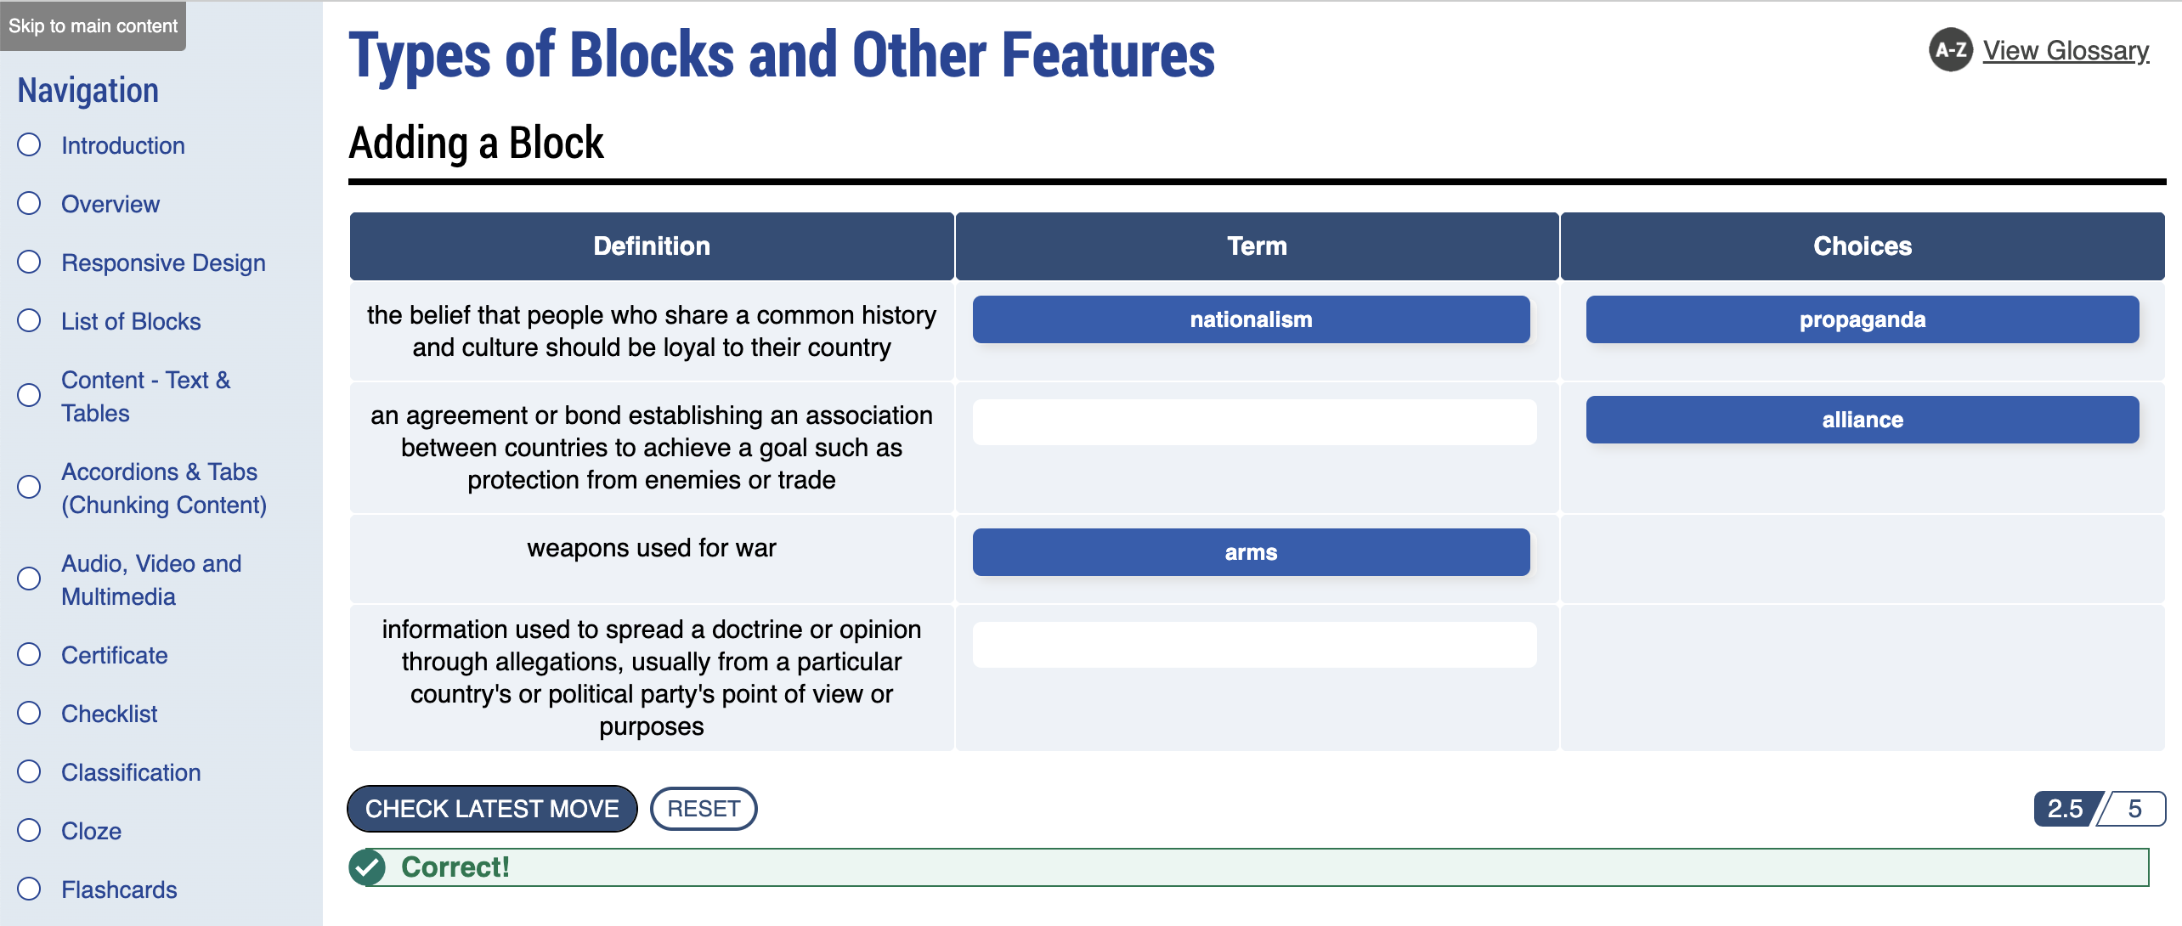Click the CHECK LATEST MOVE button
(492, 809)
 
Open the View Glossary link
(2066, 51)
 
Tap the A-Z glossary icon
(1950, 50)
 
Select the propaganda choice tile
(1862, 319)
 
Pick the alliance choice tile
(1862, 420)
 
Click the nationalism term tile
(1251, 319)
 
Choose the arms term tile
(1251, 552)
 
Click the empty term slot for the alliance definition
(1254, 422)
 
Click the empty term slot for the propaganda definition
(1254, 645)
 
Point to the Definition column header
(652, 246)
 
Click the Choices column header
(1862, 246)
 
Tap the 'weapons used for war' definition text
(652, 548)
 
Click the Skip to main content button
(93, 26)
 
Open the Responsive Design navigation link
(163, 263)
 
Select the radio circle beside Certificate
(30, 654)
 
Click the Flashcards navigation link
(119, 889)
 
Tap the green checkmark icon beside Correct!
(368, 867)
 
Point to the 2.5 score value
(2066, 809)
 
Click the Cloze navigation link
(91, 831)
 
